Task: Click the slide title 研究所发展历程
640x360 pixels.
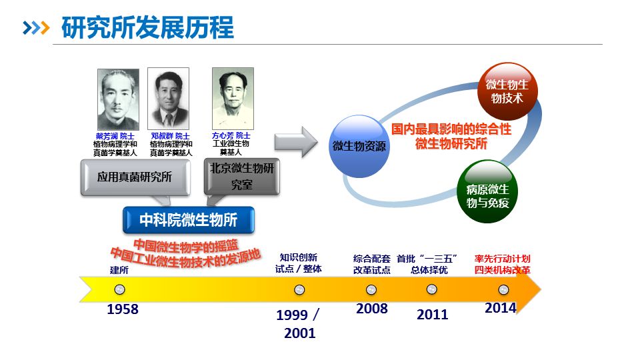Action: coord(147,28)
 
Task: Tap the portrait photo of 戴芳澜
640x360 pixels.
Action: coord(118,99)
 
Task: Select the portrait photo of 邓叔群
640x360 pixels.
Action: coord(168,99)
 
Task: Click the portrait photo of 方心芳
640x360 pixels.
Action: coord(233,99)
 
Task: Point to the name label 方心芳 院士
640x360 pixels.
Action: coord(231,135)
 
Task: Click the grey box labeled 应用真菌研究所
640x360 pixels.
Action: coord(135,177)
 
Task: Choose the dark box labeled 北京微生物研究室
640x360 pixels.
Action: coord(241,176)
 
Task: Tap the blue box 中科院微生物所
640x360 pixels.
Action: coord(189,220)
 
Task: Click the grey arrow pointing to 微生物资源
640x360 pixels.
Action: coord(296,142)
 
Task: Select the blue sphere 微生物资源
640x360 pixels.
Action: coord(359,146)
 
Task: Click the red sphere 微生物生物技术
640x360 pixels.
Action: coord(507,91)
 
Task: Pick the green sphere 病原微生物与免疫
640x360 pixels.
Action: coord(487,191)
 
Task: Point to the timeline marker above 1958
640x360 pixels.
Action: coord(119,289)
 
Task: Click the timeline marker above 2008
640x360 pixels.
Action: coord(371,289)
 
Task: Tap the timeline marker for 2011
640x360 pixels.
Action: coord(431,289)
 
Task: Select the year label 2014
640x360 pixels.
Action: coord(501,308)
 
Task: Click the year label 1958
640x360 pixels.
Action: coord(123,309)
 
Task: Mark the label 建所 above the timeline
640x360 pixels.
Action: coord(119,270)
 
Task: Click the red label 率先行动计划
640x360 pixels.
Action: coord(503,259)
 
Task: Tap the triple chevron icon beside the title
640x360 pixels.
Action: coord(36,28)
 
